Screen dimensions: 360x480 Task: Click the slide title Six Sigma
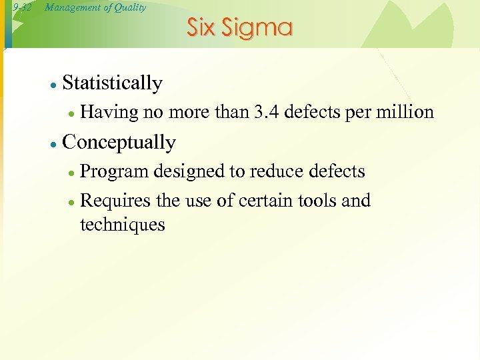pyautogui.click(x=239, y=28)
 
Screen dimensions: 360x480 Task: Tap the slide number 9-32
pyautogui.click(x=22, y=8)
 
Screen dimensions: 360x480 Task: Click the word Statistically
pyautogui.click(x=112, y=83)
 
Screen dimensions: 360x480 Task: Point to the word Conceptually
pyautogui.click(x=119, y=143)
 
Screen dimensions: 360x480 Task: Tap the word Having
pyautogui.click(x=109, y=113)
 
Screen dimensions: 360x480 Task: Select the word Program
pyautogui.click(x=114, y=172)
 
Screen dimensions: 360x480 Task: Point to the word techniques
pyautogui.click(x=122, y=225)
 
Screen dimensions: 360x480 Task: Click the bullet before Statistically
pyautogui.click(x=53, y=84)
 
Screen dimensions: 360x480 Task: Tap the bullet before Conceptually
pyautogui.click(x=53, y=143)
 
